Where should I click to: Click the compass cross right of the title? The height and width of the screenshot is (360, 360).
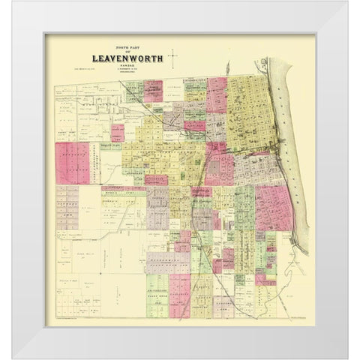point(173,55)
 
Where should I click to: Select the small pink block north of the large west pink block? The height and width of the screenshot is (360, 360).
point(118,133)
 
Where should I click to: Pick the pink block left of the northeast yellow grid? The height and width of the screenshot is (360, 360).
point(217,94)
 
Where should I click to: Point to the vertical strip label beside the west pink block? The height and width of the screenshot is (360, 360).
point(95,161)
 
